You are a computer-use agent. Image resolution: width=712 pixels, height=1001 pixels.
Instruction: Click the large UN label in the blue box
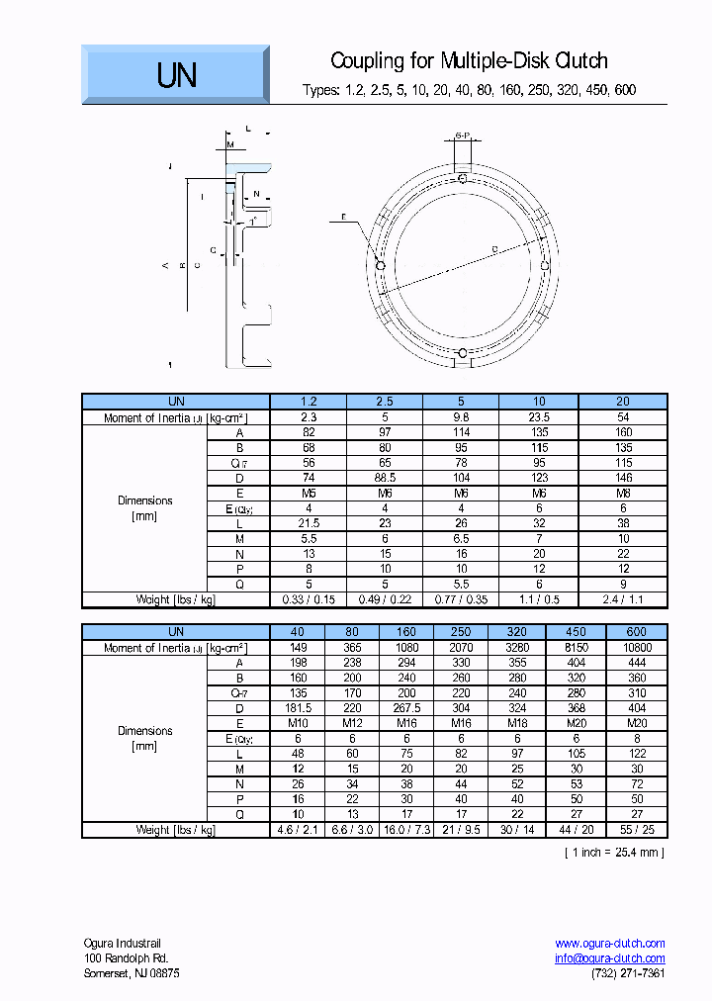pos(177,75)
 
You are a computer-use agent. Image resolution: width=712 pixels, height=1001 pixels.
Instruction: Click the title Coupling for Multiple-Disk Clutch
pos(469,61)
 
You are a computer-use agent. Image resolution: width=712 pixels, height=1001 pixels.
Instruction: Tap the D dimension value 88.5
pos(385,478)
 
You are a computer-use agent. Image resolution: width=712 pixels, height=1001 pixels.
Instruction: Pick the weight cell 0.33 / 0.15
pos(309,599)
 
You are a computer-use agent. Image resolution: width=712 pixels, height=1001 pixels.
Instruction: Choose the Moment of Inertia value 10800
pos(637,648)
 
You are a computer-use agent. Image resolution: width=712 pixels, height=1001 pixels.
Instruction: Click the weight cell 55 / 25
pos(637,830)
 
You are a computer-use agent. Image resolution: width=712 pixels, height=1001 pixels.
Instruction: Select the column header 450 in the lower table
pos(576,632)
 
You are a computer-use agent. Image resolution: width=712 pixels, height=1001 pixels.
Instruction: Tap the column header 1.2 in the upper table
pos(309,402)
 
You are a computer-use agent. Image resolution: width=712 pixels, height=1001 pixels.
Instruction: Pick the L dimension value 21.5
pos(309,523)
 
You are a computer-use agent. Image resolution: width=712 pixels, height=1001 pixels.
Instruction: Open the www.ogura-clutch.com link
pos(610,944)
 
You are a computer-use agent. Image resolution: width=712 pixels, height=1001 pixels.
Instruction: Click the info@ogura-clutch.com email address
pos(610,958)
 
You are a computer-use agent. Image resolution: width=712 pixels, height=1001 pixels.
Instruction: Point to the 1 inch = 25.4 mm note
pos(614,852)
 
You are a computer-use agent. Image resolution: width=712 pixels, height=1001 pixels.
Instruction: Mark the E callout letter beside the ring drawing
pos(343,217)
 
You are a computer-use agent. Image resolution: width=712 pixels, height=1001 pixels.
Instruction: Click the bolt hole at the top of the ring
pos(463,178)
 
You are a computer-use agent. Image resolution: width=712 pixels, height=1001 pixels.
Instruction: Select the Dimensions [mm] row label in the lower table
pos(144,738)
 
